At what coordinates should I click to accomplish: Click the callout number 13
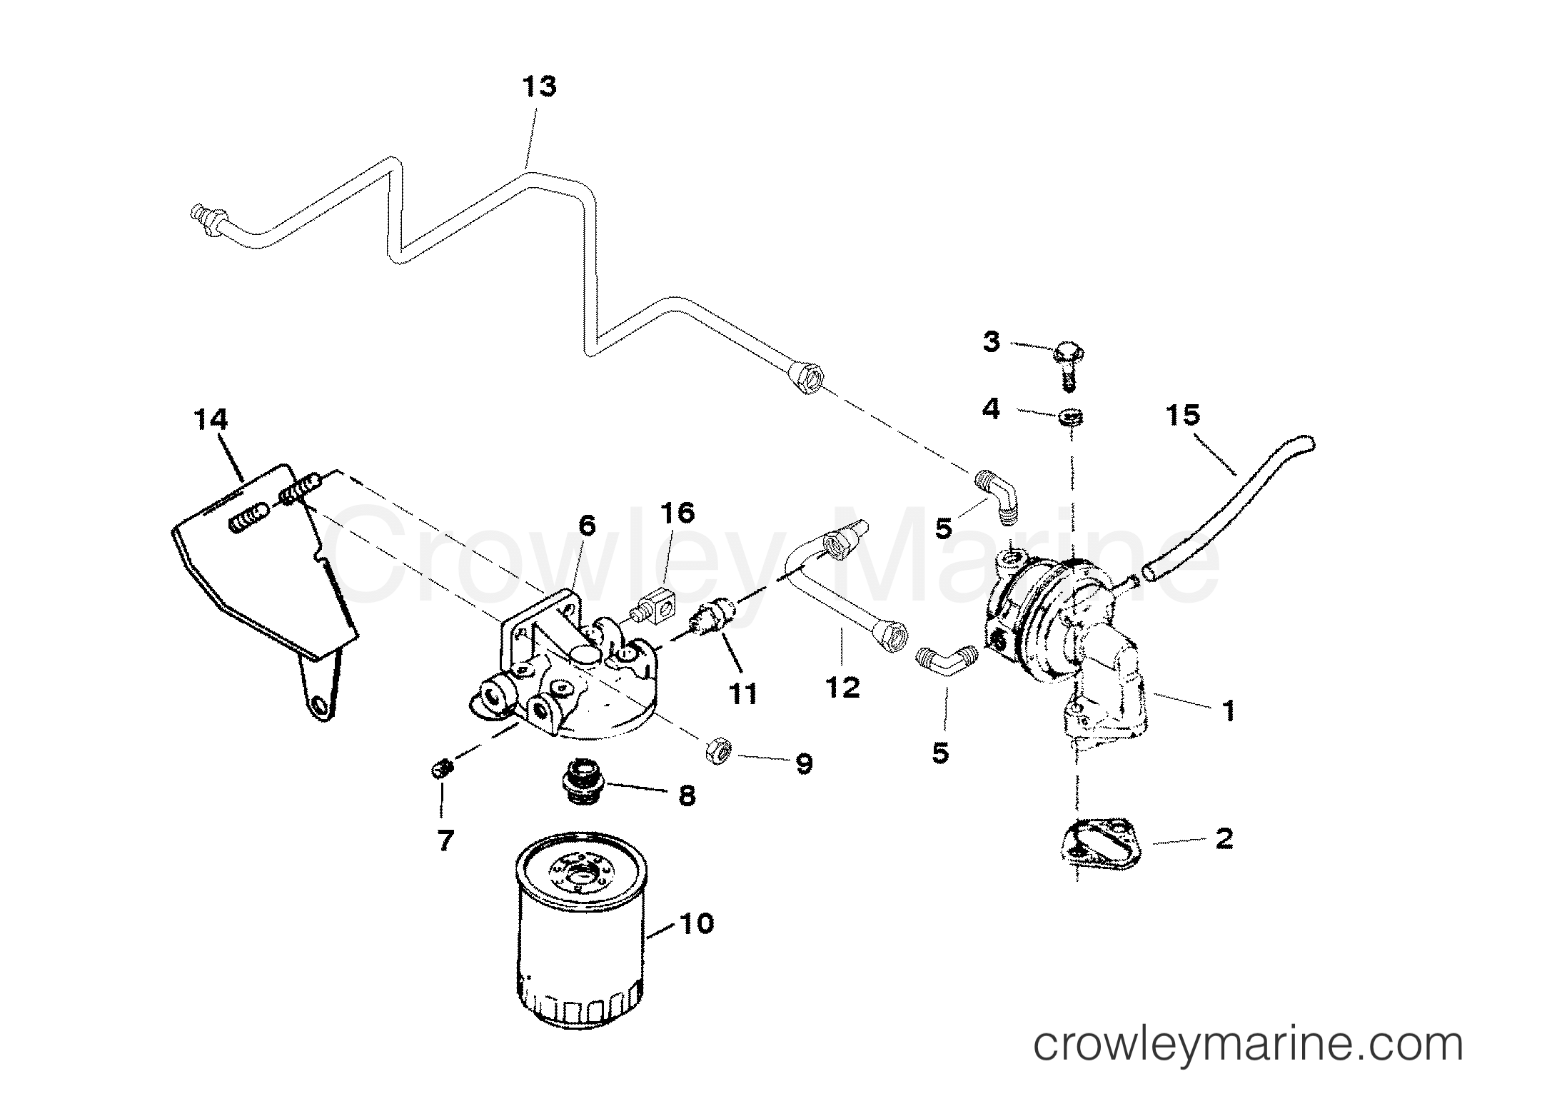coord(538,88)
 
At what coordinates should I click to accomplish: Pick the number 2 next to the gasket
coord(1224,838)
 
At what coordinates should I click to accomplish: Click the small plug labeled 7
coord(443,770)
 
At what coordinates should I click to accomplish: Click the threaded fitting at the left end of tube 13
coord(208,215)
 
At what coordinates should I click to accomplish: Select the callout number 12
coord(842,687)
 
